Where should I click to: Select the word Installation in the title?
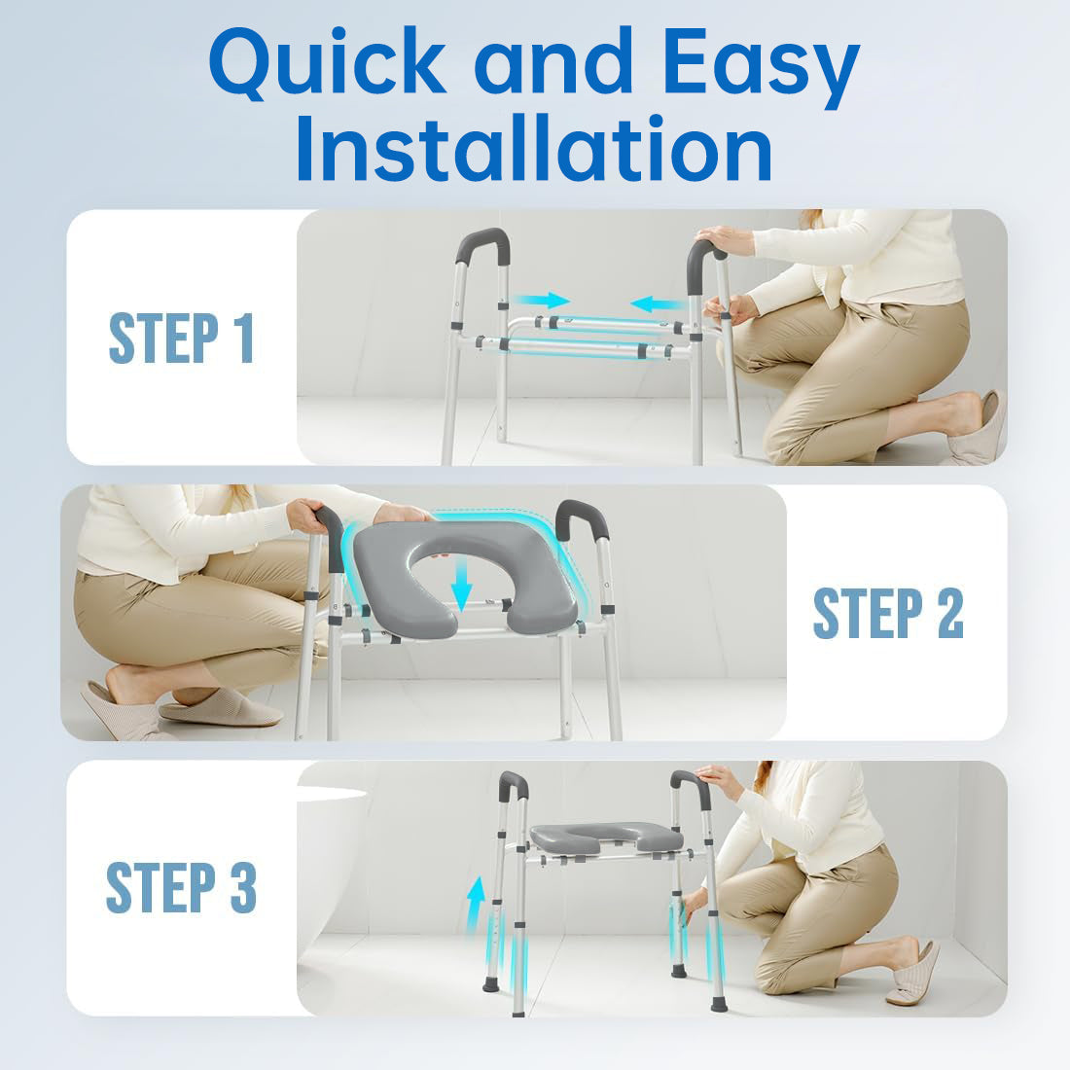[x=534, y=150]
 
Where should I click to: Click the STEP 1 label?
[x=181, y=338]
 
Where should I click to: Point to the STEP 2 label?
[x=888, y=613]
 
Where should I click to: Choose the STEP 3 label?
[x=181, y=887]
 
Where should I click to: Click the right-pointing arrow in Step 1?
[x=543, y=300]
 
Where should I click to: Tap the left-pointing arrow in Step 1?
[x=657, y=303]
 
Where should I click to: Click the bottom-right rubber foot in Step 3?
[x=719, y=1002]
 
